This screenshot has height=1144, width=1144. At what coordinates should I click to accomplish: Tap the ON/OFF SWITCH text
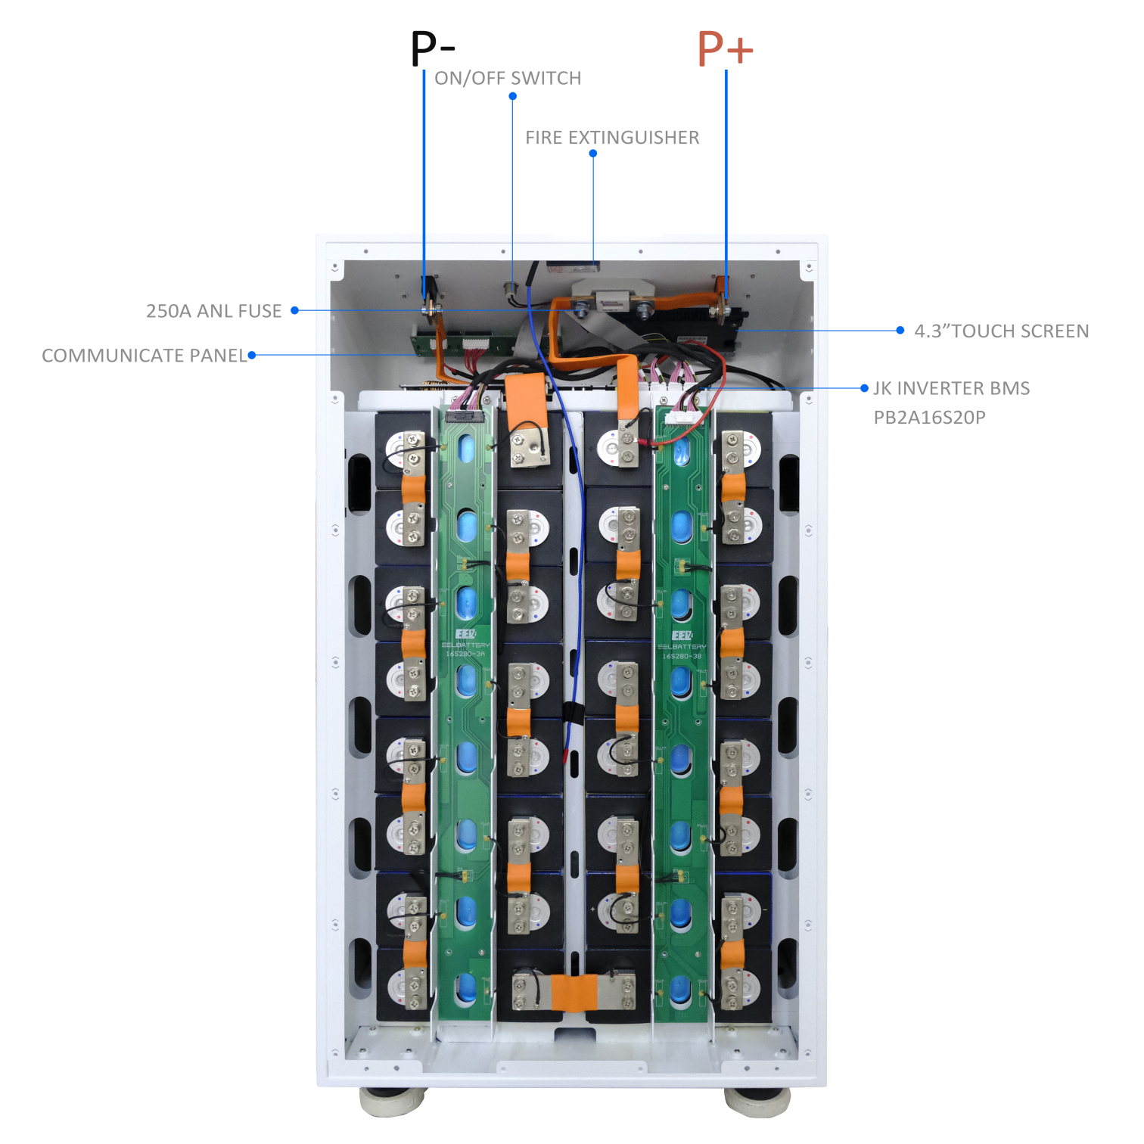[x=508, y=79]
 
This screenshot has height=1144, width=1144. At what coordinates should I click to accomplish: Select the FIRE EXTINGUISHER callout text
[x=612, y=138]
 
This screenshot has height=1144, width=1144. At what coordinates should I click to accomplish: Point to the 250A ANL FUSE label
[x=213, y=311]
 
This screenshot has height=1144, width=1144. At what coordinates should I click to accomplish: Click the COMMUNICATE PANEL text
[x=145, y=356]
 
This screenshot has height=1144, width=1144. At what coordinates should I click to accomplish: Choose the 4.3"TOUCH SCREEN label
[x=1001, y=331]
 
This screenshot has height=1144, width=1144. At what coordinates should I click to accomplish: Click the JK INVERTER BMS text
[x=951, y=389]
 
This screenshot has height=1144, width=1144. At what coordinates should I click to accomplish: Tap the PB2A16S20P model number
[x=929, y=418]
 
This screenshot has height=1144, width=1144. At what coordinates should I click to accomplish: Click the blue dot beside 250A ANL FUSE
[x=295, y=310]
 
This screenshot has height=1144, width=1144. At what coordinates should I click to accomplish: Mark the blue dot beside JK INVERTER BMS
[x=864, y=388]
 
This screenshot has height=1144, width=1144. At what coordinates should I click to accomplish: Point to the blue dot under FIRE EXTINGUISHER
[x=593, y=154]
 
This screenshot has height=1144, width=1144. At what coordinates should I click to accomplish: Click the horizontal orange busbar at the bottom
[x=573, y=992]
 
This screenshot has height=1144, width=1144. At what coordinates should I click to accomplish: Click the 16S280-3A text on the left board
[x=465, y=654]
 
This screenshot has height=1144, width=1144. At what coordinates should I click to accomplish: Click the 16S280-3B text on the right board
[x=682, y=656]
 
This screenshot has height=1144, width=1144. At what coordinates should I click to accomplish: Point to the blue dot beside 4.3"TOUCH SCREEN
[x=900, y=331]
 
